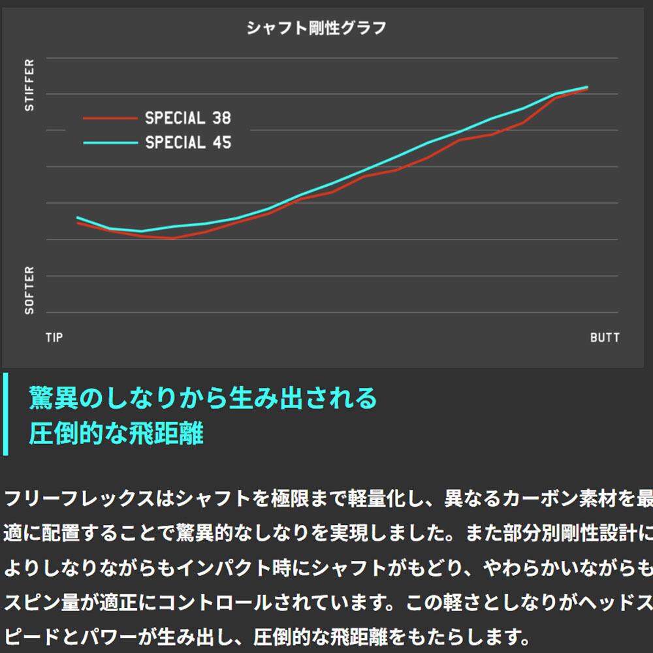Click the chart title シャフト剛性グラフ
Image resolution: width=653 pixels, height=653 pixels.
click(317, 28)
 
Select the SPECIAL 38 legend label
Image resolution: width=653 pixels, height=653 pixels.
click(188, 118)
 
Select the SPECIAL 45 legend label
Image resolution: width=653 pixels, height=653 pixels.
click(188, 142)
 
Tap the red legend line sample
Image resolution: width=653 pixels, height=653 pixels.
click(110, 118)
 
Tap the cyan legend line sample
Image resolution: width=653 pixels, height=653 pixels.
click(110, 142)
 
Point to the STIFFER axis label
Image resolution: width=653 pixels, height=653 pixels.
click(29, 85)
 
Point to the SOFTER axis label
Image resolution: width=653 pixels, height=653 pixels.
click(29, 290)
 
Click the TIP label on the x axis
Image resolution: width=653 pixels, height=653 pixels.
click(54, 338)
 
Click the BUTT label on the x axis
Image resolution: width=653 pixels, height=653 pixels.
click(605, 338)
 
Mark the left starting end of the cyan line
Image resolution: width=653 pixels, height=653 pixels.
click(78, 217)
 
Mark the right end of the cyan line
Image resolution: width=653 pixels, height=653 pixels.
click(588, 87)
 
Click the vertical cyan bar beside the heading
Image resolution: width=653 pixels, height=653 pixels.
click(5, 413)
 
